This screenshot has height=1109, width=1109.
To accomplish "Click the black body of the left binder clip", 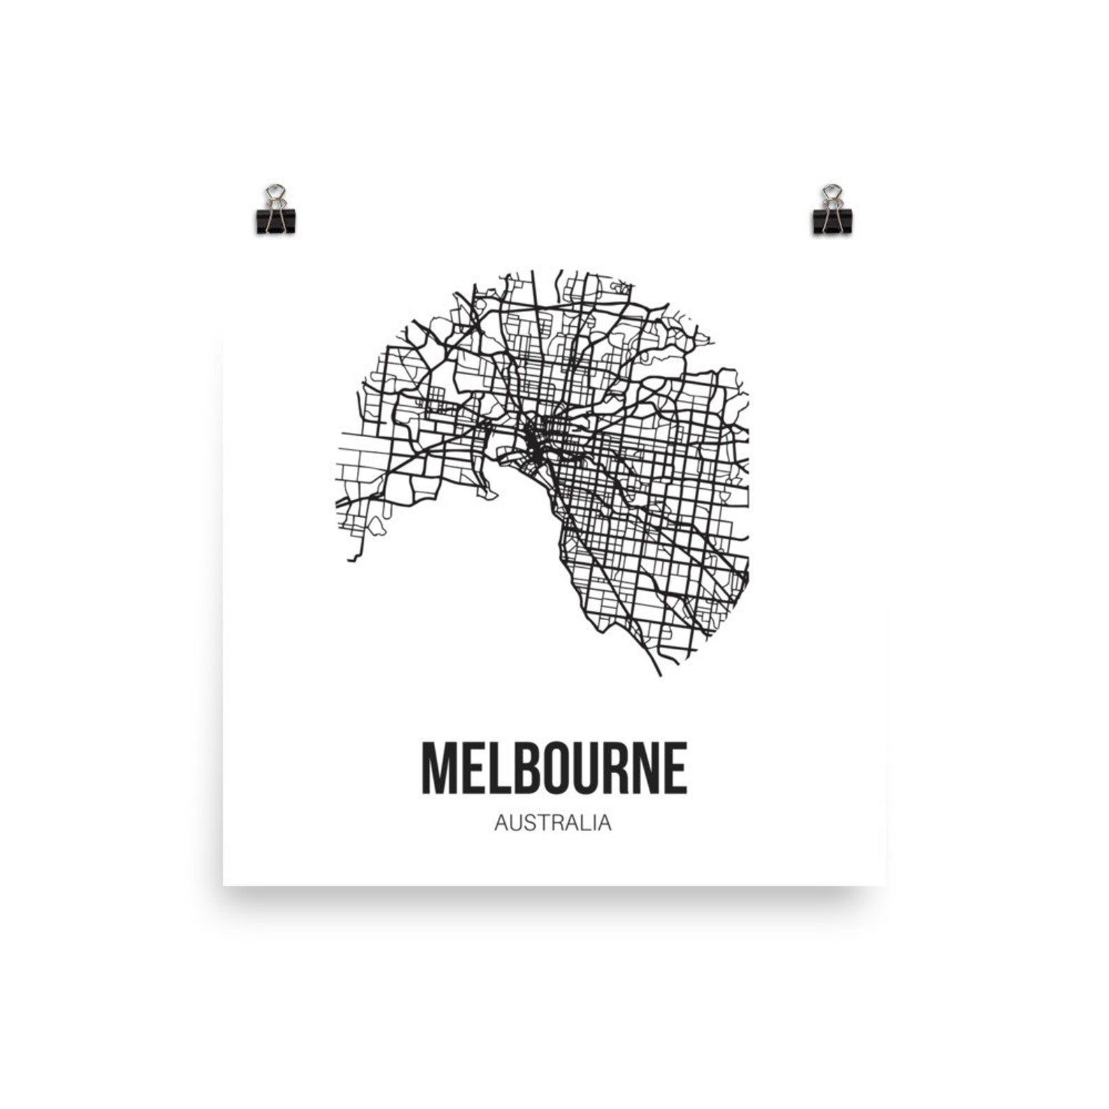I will click(275, 220).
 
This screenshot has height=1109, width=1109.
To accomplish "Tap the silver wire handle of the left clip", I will click(275, 195).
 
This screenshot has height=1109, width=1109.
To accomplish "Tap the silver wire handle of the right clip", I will click(832, 195).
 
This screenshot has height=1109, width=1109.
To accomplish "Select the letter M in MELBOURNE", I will click(436, 769).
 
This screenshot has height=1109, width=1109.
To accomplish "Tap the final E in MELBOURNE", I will click(676, 769).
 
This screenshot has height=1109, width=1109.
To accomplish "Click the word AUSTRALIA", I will click(552, 823).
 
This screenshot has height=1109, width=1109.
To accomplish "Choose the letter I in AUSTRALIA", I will click(592, 823).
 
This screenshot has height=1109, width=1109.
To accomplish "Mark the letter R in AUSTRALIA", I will click(552, 823).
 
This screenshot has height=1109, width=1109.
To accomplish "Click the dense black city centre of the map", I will click(532, 440).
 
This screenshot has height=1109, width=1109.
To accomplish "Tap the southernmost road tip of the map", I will click(659, 675).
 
